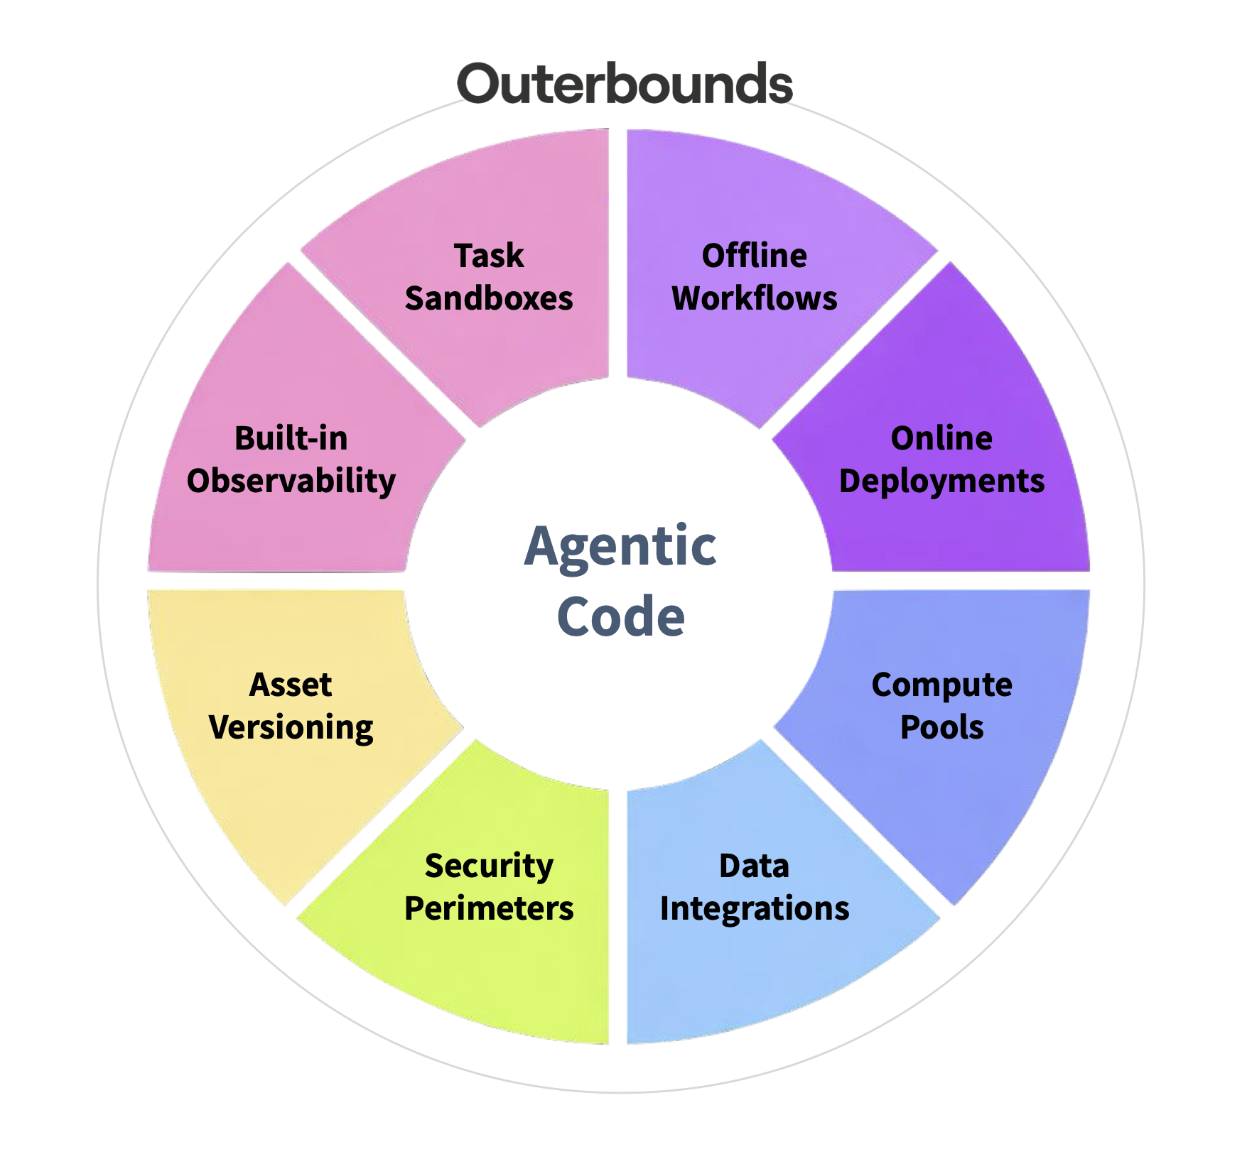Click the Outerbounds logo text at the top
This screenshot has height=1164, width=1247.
[x=625, y=84]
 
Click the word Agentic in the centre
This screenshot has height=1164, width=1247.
[x=620, y=546]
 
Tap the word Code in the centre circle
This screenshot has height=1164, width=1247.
[x=620, y=616]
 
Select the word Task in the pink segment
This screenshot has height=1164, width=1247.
[x=489, y=256]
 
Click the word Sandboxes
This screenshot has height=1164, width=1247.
[x=489, y=298]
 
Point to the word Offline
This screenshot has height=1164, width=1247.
[x=754, y=256]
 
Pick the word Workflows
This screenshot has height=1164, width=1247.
[x=754, y=298]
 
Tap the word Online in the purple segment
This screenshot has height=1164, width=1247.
[x=941, y=438]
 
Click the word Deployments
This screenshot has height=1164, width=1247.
[x=941, y=481]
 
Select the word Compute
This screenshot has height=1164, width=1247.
[x=941, y=685]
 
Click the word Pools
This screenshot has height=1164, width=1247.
[x=941, y=727]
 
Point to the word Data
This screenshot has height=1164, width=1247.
[x=754, y=866]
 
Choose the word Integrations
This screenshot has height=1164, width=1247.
[x=754, y=908]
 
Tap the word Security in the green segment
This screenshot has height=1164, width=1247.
[x=489, y=866]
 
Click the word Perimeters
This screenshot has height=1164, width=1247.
[x=489, y=908]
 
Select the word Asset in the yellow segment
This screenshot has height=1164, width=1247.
[x=291, y=685]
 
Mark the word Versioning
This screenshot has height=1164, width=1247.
[x=291, y=727]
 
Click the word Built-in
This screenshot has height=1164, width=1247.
[x=291, y=438]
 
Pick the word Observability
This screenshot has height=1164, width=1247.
[x=291, y=481]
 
